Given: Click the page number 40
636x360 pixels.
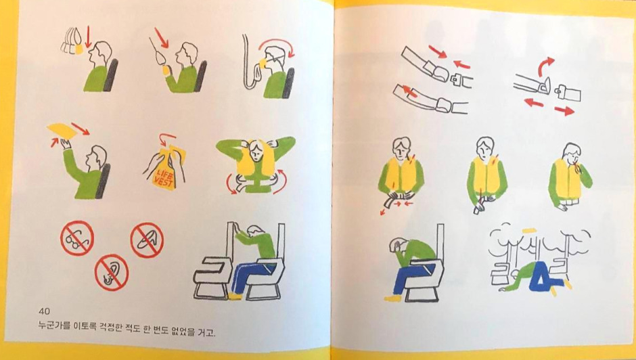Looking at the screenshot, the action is [x=44, y=311].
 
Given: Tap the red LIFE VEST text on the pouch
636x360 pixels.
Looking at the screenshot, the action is [x=164, y=177].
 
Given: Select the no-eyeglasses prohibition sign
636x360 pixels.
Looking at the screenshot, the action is [x=77, y=238].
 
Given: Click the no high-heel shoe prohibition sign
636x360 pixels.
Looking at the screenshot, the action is [x=147, y=240].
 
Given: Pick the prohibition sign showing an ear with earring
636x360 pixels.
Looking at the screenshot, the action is [x=112, y=272].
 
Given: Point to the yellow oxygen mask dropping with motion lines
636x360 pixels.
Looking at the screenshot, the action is [x=80, y=49].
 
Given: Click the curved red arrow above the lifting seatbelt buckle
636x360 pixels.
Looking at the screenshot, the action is [x=545, y=65].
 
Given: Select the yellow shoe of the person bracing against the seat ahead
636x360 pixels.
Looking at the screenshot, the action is [x=235, y=296].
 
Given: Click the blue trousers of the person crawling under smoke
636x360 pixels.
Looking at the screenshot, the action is [x=545, y=275].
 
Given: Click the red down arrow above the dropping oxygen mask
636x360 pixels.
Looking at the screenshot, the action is [x=89, y=37].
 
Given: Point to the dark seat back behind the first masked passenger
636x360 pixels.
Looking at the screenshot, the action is [x=111, y=74].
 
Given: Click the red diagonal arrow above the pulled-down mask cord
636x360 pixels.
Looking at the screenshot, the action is [x=161, y=37].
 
